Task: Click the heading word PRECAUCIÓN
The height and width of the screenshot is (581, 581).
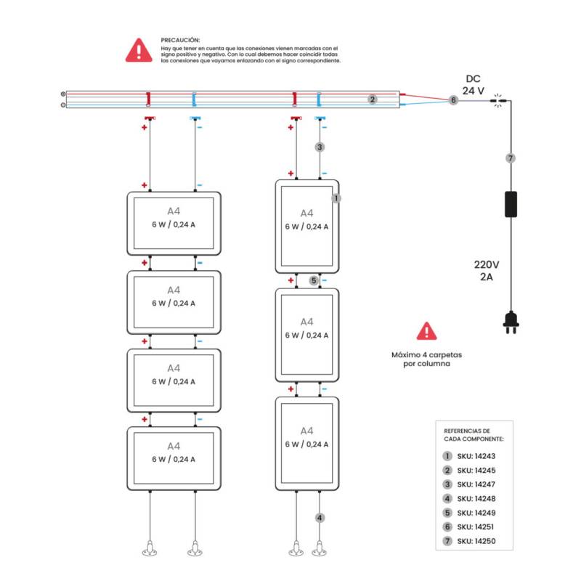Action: click(x=180, y=40)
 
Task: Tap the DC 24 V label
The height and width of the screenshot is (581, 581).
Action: click(x=473, y=85)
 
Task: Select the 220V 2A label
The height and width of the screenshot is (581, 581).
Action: click(x=487, y=270)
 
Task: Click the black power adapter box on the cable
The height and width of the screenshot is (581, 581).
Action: click(x=511, y=204)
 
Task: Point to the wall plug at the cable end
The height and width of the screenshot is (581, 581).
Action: click(x=511, y=322)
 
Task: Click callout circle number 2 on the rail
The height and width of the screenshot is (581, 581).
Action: click(x=373, y=99)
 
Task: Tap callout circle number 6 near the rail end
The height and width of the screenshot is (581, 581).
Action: click(x=453, y=100)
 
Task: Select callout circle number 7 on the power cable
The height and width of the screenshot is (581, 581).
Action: click(x=511, y=158)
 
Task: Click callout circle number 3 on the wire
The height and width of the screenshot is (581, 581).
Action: click(x=320, y=147)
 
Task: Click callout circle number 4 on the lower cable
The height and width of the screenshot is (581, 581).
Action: click(x=320, y=518)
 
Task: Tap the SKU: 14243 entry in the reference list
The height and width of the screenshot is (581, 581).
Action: click(x=471, y=456)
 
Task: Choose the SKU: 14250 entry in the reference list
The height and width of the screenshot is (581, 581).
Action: click(x=471, y=541)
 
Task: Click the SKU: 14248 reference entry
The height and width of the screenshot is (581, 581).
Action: click(x=471, y=498)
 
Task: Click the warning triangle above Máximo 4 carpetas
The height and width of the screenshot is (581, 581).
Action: click(x=427, y=331)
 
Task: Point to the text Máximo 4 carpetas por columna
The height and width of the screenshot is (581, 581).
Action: click(x=427, y=359)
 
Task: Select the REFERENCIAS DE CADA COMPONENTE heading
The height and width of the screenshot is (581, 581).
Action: click(x=468, y=435)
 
